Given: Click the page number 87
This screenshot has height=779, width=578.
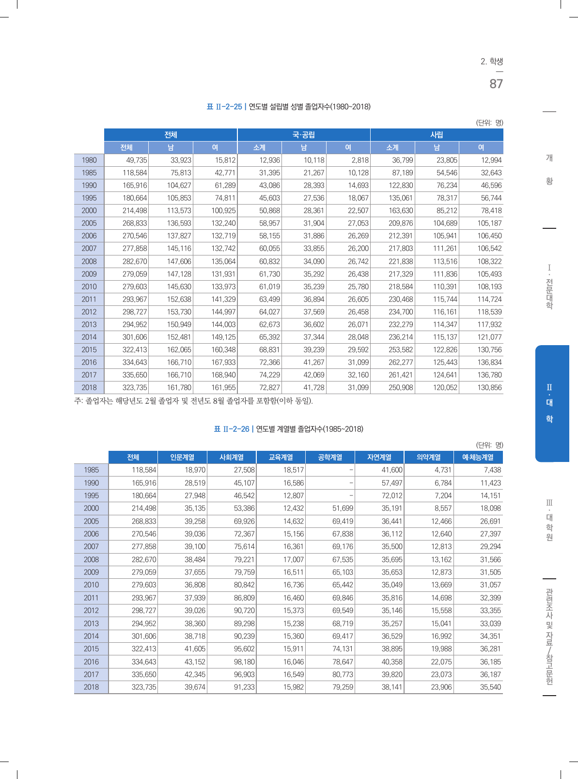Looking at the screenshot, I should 496,84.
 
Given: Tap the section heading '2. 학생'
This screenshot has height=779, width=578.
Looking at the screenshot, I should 491,61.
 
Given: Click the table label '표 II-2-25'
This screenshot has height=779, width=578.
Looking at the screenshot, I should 224,107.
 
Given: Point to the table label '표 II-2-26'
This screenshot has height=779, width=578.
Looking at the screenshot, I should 232,429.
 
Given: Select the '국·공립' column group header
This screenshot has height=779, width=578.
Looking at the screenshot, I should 304,135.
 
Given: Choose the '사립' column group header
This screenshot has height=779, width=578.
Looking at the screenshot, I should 437,135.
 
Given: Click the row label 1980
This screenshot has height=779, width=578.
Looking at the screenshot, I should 89,160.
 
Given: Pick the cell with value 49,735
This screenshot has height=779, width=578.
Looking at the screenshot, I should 137,160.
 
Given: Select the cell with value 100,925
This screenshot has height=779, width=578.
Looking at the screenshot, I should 223,211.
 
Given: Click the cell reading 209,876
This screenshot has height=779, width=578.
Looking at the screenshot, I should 401,223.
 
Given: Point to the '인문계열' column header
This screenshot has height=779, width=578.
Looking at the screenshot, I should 182,457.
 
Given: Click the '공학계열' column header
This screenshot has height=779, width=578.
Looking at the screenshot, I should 330,457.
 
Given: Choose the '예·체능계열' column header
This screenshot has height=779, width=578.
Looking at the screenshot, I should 478,457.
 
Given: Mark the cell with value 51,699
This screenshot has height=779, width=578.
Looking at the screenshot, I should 343,509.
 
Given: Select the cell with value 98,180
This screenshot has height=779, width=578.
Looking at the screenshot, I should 244,662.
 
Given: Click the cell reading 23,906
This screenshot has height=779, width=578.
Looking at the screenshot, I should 441,687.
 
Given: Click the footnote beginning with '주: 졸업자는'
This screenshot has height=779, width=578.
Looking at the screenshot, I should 193,401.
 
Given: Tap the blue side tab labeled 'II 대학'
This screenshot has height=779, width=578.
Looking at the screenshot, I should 552,403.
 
